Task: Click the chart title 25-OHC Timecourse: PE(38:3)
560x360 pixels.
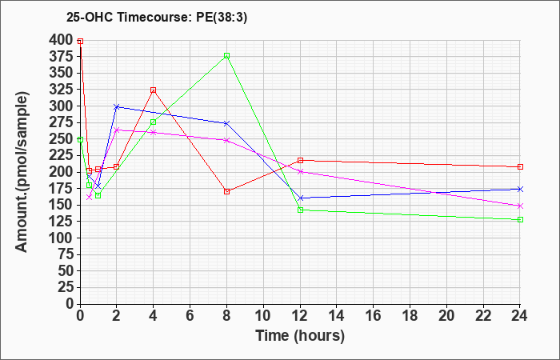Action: (x=157, y=18)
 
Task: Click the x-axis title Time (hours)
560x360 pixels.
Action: (x=300, y=336)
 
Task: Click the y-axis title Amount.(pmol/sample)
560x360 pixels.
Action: (x=22, y=172)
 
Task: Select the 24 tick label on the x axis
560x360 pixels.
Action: (x=519, y=315)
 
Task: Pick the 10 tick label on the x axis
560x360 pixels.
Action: (x=263, y=315)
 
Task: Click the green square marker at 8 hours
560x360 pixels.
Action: (x=226, y=56)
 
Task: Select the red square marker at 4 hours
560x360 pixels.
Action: (x=154, y=90)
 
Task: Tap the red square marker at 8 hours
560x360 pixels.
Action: (x=226, y=191)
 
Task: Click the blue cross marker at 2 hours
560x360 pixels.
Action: (x=117, y=106)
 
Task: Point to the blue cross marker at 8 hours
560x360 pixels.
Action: (x=226, y=123)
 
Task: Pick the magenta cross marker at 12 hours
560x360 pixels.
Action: (x=300, y=172)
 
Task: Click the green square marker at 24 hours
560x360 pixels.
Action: (x=520, y=220)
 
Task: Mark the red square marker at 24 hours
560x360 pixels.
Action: (x=520, y=166)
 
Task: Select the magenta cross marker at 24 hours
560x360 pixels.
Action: (x=520, y=206)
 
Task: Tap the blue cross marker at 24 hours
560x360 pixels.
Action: (x=520, y=189)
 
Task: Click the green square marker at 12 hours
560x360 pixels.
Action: (x=300, y=210)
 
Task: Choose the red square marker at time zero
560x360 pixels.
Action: (x=80, y=42)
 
